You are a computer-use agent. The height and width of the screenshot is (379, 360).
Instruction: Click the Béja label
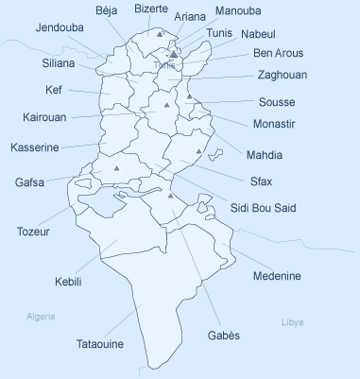point(109,9)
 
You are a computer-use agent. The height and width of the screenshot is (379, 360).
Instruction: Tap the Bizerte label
point(152,9)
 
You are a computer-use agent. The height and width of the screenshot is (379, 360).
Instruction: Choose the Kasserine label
point(35,147)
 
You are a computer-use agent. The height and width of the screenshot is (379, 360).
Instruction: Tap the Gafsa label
point(29,181)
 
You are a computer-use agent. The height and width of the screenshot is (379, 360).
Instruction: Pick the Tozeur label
point(33,231)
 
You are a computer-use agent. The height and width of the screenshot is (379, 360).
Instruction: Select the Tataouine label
point(99,344)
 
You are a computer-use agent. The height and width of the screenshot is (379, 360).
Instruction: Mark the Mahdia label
point(265,154)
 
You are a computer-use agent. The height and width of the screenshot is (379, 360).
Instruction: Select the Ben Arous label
point(278,53)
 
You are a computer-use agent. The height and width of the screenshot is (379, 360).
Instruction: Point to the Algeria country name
point(42,316)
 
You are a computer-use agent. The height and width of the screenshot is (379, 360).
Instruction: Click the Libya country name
point(293,322)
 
